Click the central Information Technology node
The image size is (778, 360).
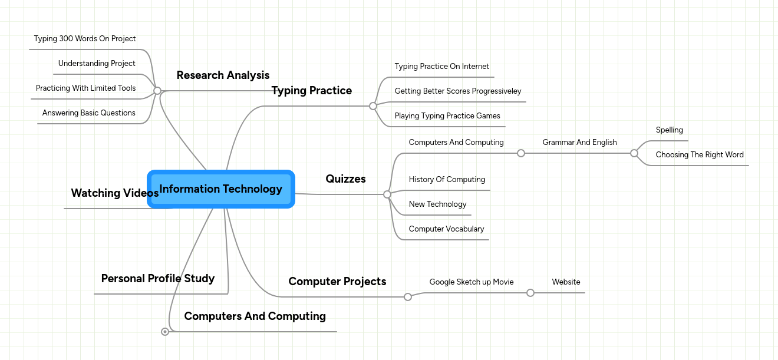pos(220,189)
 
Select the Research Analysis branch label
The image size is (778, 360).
pos(223,75)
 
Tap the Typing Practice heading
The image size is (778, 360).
pos(311,91)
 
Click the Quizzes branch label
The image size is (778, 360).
pos(345,179)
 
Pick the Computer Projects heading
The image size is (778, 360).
pos(337,282)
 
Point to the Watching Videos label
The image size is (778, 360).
pos(114,193)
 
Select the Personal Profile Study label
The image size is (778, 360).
pos(158,279)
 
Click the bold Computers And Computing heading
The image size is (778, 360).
pos(255,316)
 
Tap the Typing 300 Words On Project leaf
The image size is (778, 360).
pos(85,39)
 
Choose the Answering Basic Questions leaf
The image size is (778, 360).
pos(89,113)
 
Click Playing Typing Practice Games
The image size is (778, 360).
pos(447,116)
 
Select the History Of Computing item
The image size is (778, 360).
pos(447,180)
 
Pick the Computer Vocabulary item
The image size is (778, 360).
pos(446,229)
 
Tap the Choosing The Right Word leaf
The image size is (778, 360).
pos(700,155)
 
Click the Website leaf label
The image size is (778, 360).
pos(566,282)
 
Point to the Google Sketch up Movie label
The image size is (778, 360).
pos(472,282)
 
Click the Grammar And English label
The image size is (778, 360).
pos(579,143)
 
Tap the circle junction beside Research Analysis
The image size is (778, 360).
pos(157,91)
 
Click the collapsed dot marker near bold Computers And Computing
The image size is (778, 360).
pos(165,332)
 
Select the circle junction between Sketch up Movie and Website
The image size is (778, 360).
pos(530,293)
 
